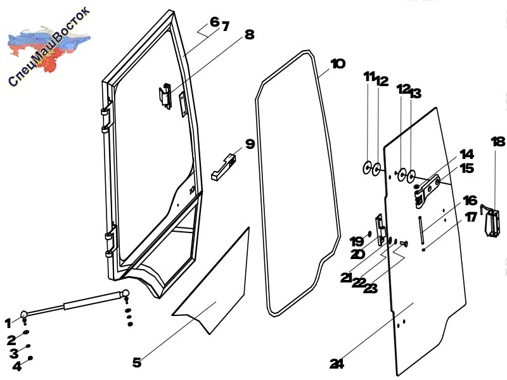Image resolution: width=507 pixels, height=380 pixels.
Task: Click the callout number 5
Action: [137, 362]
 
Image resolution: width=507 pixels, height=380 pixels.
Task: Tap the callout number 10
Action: [338, 64]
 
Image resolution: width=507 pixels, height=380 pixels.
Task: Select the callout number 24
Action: [337, 364]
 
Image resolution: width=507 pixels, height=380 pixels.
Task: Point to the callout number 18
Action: [498, 141]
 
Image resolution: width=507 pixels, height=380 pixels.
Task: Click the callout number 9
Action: [250, 144]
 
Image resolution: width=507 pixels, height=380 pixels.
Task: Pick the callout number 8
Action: [249, 34]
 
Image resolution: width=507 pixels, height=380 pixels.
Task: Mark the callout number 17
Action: [471, 217]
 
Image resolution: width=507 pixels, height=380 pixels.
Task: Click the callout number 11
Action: [369, 77]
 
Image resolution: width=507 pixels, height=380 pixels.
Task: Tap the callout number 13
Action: [416, 93]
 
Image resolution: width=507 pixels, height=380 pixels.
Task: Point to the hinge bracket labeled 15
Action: [427, 191]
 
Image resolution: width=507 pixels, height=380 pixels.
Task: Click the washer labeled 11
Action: [367, 167]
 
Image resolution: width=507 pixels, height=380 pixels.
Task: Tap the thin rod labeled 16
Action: [421, 230]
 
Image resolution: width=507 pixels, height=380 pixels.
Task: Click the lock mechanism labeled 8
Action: [165, 96]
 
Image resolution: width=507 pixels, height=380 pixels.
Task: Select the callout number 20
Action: [357, 255]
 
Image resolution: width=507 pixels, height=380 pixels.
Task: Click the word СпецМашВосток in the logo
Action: [49, 47]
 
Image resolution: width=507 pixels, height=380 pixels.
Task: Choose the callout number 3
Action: [13, 353]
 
